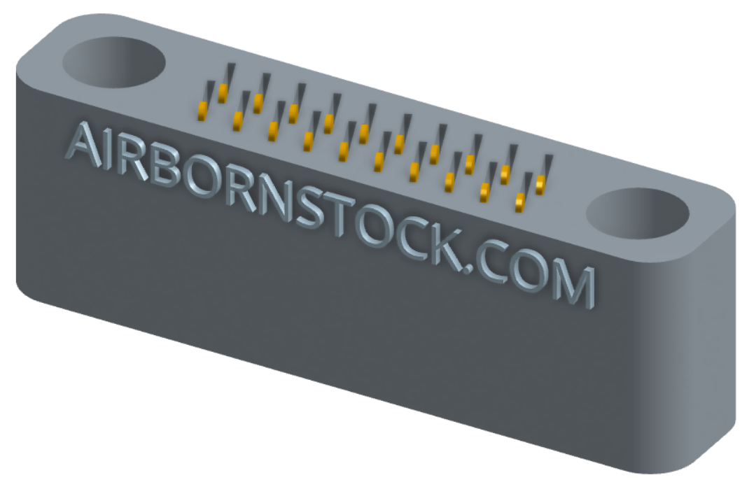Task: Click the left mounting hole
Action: point(114,62)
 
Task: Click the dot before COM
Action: point(468,267)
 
